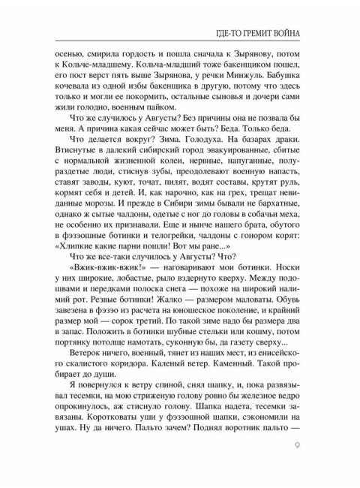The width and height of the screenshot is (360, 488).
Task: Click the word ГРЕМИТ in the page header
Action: [258, 34]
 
